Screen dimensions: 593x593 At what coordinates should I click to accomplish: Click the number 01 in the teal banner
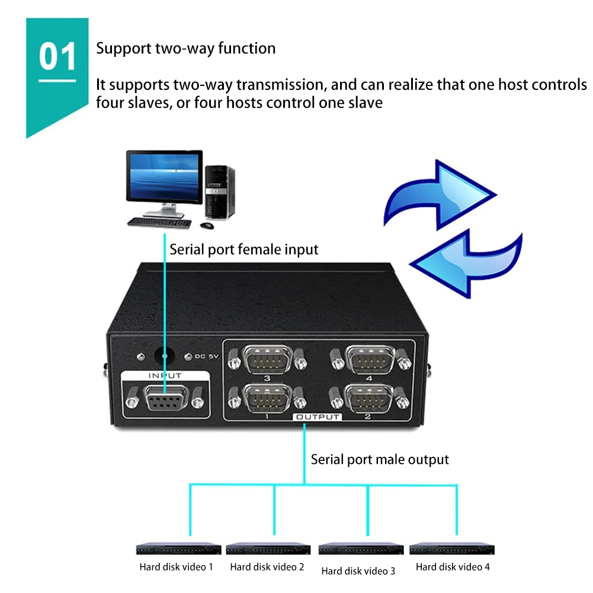point(58,57)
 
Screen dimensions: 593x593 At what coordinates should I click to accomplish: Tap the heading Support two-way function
point(185,48)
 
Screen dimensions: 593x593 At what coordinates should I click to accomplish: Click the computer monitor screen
point(164,177)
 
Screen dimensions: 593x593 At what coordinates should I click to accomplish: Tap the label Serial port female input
point(244,249)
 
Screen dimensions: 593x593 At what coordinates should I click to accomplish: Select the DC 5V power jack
point(165,356)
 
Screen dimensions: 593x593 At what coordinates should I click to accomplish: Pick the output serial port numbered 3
point(267,358)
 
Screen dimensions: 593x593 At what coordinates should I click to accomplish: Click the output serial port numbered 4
point(370,359)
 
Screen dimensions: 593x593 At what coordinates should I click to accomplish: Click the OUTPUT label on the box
point(318,417)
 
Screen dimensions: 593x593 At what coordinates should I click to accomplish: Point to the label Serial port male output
point(380,459)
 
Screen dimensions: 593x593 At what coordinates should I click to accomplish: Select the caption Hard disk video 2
point(267,567)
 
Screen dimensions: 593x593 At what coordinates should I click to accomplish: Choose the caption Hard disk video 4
point(453,567)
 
